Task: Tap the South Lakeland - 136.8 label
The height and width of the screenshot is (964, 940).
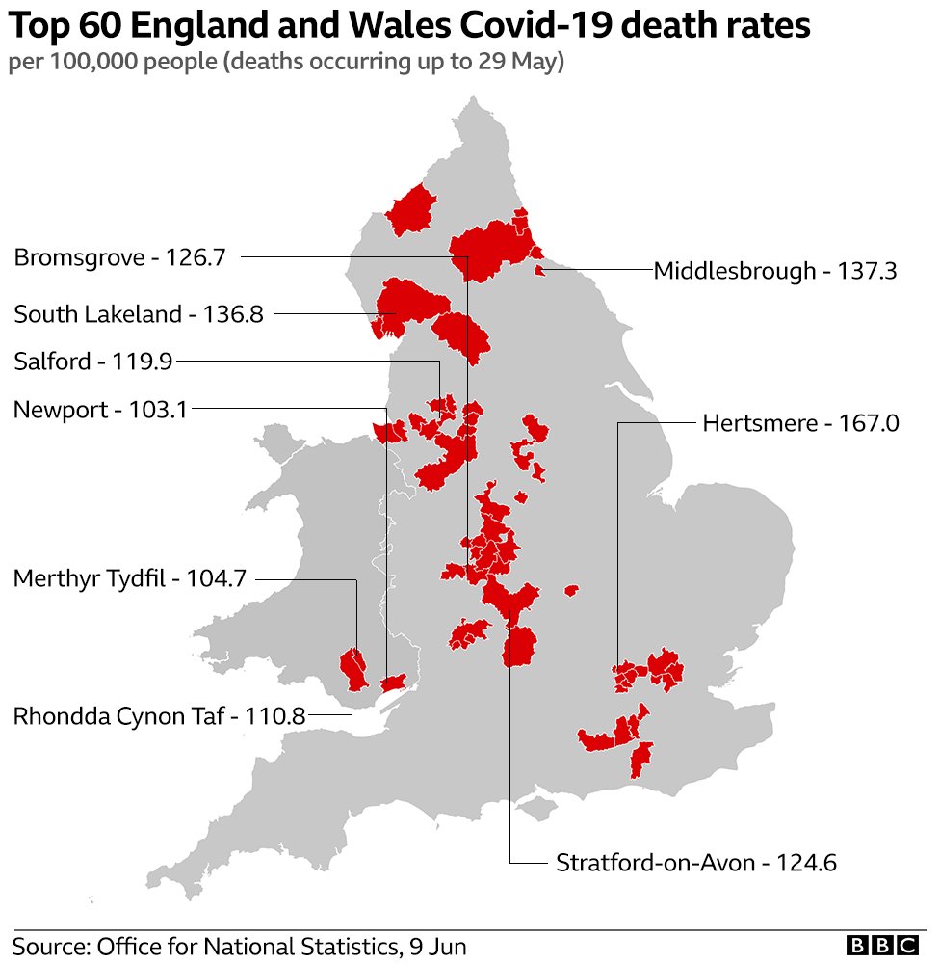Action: [139, 313]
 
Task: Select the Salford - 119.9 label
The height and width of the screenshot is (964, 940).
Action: [92, 361]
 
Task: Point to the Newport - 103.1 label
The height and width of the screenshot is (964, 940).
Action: [100, 409]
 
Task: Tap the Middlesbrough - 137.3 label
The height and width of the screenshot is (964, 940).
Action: [775, 271]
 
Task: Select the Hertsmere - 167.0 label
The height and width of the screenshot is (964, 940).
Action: [800, 422]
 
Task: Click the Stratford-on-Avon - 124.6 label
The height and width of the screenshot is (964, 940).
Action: [696, 862]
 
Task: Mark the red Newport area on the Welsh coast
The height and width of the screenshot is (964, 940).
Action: [392, 683]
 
